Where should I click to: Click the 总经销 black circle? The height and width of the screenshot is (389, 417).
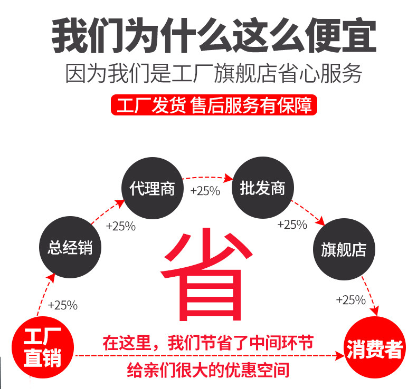pyautogui.click(x=70, y=247)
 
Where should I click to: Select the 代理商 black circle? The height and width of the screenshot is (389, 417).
pyautogui.click(x=152, y=188)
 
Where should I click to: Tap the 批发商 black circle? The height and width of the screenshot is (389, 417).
pyautogui.click(x=262, y=188)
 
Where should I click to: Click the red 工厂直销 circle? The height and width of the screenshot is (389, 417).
pyautogui.click(x=43, y=347)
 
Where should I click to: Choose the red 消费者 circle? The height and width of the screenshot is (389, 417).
pyautogui.click(x=374, y=349)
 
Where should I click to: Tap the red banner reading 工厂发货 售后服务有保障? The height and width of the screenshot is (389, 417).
pyautogui.click(x=211, y=105)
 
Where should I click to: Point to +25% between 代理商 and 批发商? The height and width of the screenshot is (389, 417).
pyautogui.click(x=205, y=191)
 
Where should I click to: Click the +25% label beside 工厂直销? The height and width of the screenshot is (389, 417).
pyautogui.click(x=62, y=305)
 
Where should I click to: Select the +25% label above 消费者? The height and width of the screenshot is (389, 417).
pyautogui.click(x=350, y=300)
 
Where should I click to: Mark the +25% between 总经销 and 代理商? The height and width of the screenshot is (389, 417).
pyautogui.click(x=121, y=227)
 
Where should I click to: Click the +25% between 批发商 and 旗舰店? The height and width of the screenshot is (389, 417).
pyautogui.click(x=292, y=225)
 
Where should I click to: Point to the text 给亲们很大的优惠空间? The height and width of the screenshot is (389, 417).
pyautogui.click(x=209, y=369)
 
